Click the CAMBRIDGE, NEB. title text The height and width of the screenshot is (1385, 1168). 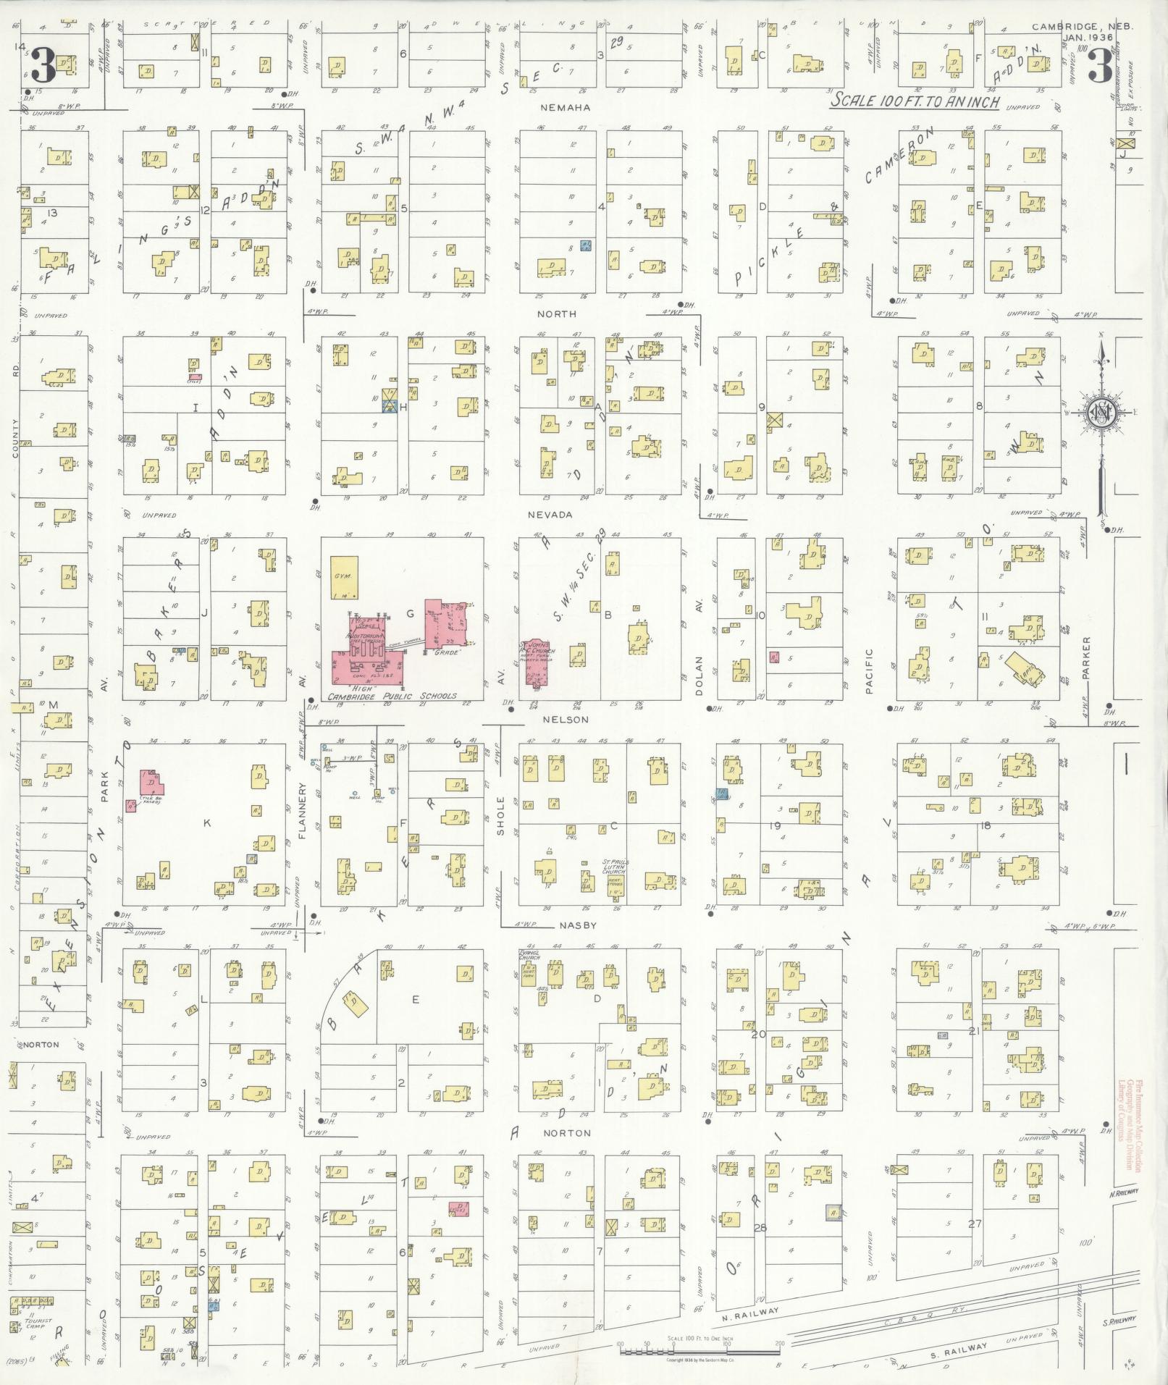pos(1082,27)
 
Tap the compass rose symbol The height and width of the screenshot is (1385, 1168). pos(1101,413)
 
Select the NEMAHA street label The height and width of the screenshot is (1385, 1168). pos(574,107)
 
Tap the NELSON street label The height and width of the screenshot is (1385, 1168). pos(574,720)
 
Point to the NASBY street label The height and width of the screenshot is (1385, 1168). pos(577,925)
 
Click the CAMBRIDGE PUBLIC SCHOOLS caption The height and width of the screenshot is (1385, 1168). pos(392,696)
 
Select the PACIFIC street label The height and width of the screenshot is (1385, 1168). pos(869,670)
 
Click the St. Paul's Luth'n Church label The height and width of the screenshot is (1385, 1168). pos(615,867)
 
